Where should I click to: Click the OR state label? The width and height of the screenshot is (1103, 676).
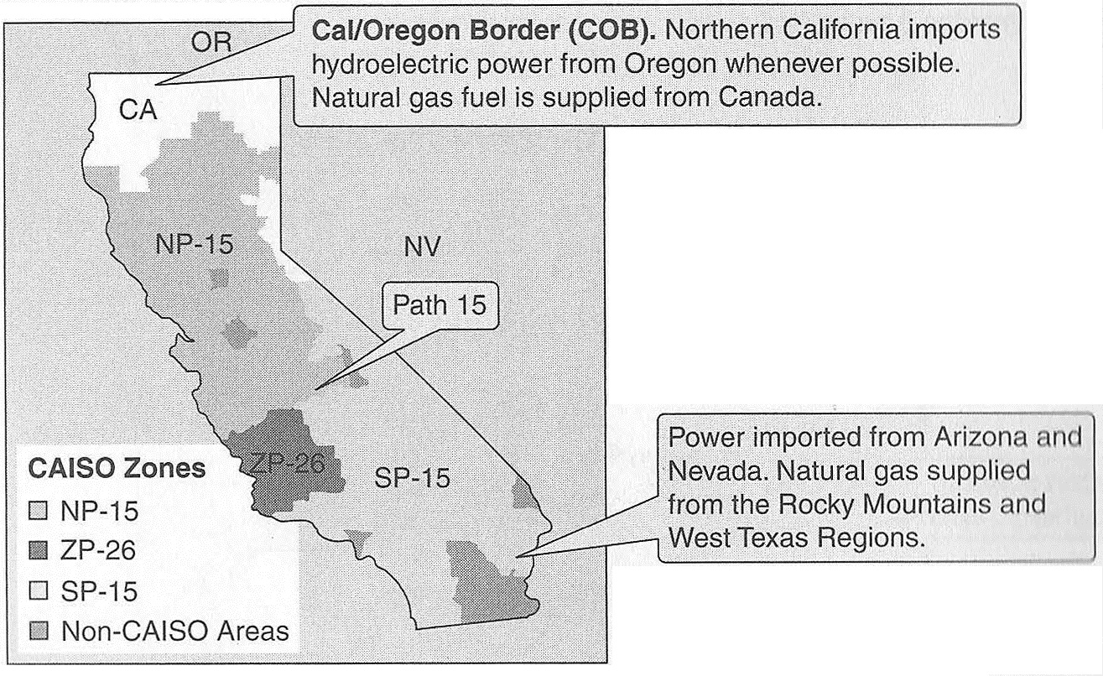[211, 43]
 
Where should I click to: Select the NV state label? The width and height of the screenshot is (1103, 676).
[422, 247]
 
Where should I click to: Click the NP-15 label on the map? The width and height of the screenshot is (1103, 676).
[194, 244]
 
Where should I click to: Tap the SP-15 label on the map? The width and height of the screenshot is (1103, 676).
[411, 479]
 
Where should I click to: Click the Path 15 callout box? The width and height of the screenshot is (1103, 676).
[440, 304]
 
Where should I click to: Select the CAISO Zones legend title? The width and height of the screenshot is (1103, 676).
[117, 468]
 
